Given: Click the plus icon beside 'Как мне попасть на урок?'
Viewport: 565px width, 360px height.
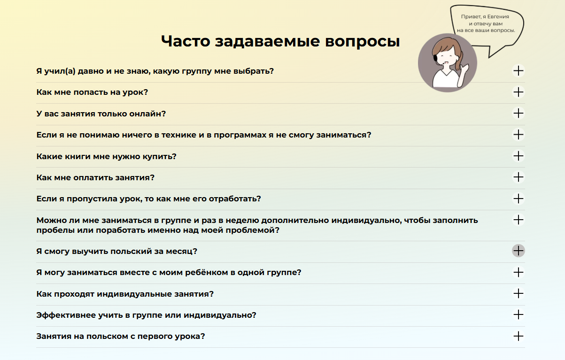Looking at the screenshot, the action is pyautogui.click(x=519, y=92).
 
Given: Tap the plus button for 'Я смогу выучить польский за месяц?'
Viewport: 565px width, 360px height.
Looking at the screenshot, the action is pyautogui.click(x=519, y=251).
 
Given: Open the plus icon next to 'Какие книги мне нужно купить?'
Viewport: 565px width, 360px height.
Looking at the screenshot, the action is pyautogui.click(x=519, y=156).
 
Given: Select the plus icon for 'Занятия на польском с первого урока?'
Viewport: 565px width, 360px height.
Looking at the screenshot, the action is pyautogui.click(x=519, y=336).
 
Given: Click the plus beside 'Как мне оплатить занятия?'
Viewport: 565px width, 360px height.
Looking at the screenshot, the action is pyautogui.click(x=519, y=177).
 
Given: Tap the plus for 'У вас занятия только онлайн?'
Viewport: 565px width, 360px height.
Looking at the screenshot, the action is pyautogui.click(x=519, y=113).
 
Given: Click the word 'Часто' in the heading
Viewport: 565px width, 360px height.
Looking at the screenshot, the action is pyautogui.click(x=186, y=41).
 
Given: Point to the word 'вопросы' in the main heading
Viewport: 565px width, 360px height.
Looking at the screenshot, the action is pyautogui.click(x=362, y=42).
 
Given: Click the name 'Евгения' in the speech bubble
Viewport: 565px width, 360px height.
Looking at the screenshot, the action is pyautogui.click(x=498, y=16).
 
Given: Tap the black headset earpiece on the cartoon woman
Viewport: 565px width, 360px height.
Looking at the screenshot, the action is pyautogui.click(x=435, y=58).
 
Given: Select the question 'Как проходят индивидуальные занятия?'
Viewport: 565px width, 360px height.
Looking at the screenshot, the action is pyautogui.click(x=125, y=294).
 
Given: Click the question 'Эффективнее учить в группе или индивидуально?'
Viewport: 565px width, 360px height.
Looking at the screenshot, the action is pyautogui.click(x=146, y=315).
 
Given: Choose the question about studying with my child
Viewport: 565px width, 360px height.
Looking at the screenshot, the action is pyautogui.click(x=169, y=273).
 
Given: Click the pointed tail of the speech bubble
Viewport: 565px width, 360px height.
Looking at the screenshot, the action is pyautogui.click(x=489, y=57).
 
